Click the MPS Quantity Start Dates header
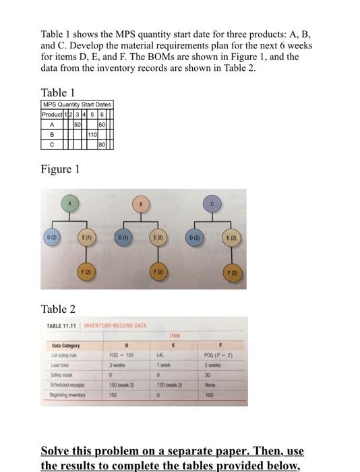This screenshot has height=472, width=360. click(77, 105)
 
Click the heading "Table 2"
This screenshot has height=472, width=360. click(58, 309)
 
